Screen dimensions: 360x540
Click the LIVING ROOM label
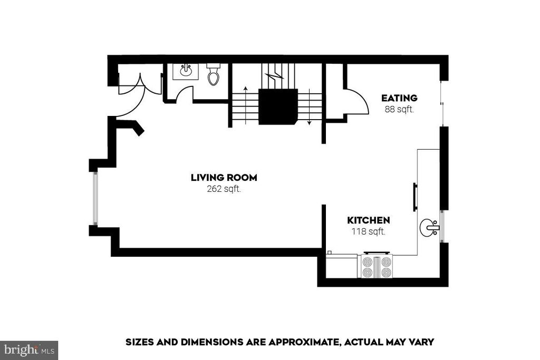(x=224, y=178)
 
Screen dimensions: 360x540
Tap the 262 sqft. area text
(x=224, y=189)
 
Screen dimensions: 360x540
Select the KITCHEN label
(x=368, y=220)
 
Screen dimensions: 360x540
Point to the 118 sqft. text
(x=368, y=231)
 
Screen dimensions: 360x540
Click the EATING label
(x=399, y=98)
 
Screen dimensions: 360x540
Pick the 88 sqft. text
(x=399, y=110)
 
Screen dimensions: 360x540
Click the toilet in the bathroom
(x=213, y=75)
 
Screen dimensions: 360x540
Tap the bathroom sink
(x=186, y=71)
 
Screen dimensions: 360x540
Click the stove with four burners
(x=377, y=266)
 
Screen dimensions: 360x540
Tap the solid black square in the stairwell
(x=278, y=106)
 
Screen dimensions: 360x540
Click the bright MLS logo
(x=29, y=349)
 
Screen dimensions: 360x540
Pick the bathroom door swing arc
(x=184, y=94)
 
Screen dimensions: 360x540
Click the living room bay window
(x=94, y=198)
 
